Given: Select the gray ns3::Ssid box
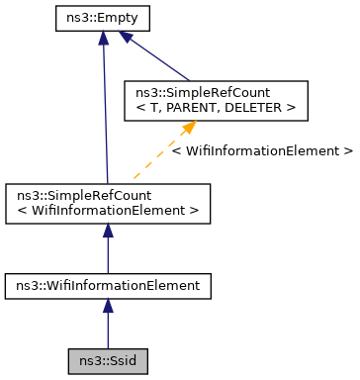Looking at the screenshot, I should click(x=107, y=361).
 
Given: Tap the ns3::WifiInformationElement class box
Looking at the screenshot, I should click(x=107, y=286).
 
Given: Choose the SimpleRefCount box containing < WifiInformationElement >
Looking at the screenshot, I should click(x=107, y=203).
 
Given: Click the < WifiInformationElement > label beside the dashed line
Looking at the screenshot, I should click(x=261, y=151).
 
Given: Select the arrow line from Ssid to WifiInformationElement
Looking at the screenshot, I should click(x=107, y=329).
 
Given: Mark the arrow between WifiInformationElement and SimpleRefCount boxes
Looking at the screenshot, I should click(x=107, y=252).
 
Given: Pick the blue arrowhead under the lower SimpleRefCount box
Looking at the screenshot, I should click(x=107, y=231).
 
